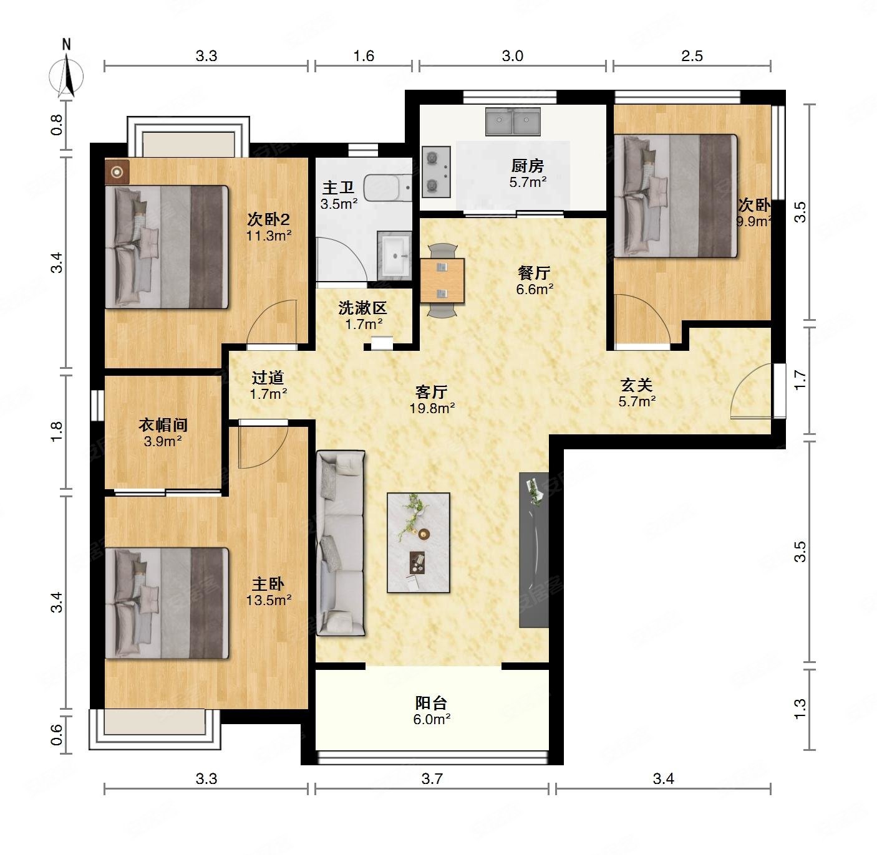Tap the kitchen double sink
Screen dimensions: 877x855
pyautogui.click(x=513, y=121)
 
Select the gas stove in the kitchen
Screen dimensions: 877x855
pyautogui.click(x=436, y=172)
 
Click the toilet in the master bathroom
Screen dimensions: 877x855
pyautogui.click(x=387, y=188)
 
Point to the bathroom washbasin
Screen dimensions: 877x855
pyautogui.click(x=394, y=255)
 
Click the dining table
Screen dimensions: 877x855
pyautogui.click(x=442, y=280)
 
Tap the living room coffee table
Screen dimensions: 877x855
pyautogui.click(x=418, y=542)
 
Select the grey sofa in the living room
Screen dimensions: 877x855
pyautogui.click(x=341, y=543)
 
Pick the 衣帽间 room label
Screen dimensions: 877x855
pyautogui.click(x=163, y=424)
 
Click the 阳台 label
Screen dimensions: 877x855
pyautogui.click(x=431, y=703)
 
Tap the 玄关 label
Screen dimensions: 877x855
pyautogui.click(x=636, y=385)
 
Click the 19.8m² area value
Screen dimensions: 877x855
pyautogui.click(x=432, y=408)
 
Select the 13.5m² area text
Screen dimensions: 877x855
pyautogui.click(x=269, y=600)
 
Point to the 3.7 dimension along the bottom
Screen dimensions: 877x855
pyautogui.click(x=432, y=778)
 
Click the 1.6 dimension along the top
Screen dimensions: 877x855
pyautogui.click(x=364, y=56)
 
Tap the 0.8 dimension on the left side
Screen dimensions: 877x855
pyautogui.click(x=56, y=125)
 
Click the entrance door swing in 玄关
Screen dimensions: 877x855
pyautogui.click(x=751, y=391)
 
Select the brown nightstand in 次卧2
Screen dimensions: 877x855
pyautogui.click(x=117, y=172)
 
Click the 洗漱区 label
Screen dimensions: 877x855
pyautogui.click(x=363, y=308)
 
